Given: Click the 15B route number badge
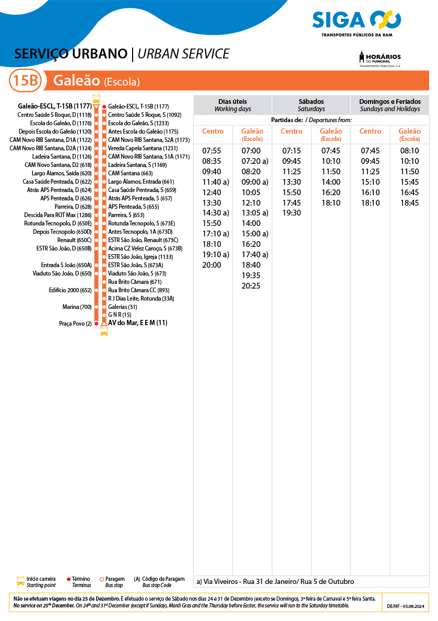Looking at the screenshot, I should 25,81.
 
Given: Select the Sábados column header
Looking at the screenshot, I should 311,105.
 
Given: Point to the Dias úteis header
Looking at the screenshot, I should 232,105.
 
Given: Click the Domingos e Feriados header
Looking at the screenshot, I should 390,105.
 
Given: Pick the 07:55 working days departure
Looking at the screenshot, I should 211,151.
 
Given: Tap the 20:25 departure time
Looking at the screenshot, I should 251,285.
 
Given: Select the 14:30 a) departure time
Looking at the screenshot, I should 216,213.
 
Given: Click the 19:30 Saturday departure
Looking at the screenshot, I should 291,213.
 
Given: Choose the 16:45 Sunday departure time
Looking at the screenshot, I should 409,193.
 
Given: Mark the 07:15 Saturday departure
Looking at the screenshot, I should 291,151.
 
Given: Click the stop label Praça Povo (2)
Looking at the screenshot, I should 75,324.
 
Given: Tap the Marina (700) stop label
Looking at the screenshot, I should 77,307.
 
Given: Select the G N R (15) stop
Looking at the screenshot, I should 120,315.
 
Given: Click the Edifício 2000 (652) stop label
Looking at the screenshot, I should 70,290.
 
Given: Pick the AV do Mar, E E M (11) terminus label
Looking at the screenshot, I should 137,323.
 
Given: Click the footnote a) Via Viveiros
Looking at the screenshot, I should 275,581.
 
